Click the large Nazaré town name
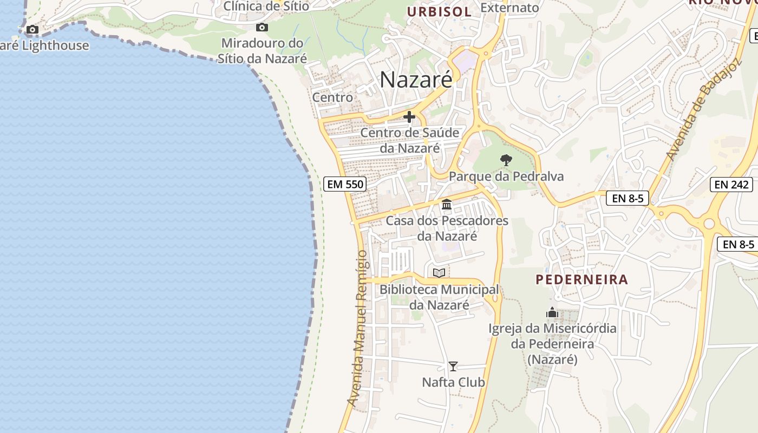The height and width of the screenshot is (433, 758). (416, 80)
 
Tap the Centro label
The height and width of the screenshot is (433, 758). (332, 97)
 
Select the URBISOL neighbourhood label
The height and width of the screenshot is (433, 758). (439, 11)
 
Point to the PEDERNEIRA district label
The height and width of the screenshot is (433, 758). (582, 279)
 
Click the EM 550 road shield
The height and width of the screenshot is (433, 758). (345, 184)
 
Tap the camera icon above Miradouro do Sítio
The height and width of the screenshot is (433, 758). (262, 28)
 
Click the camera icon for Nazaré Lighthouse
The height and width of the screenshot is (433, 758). (32, 29)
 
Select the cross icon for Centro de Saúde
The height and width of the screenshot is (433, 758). (409, 117)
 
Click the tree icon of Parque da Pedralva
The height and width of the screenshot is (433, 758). (506, 160)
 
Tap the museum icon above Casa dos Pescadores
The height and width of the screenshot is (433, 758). (447, 205)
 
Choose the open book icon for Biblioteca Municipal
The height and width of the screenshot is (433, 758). (439, 273)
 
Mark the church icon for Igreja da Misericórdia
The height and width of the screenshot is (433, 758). (552, 312)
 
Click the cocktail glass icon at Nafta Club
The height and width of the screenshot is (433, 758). (453, 366)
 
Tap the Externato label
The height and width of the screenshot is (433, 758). (509, 8)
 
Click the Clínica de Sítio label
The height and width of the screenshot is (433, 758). (266, 6)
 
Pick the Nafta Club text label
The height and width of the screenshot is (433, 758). (453, 382)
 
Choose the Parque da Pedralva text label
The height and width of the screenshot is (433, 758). (506, 176)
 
